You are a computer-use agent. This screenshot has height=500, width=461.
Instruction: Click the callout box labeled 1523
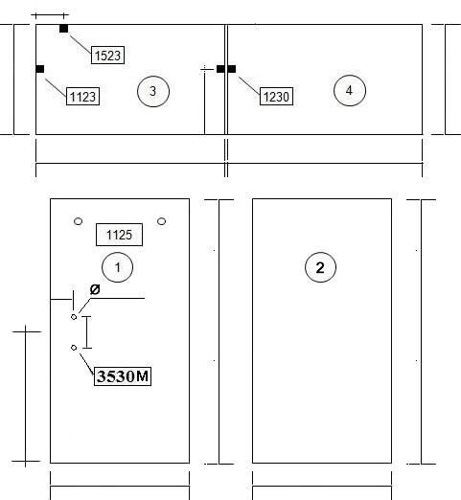coord(107,55)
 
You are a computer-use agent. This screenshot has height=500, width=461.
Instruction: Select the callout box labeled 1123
coord(82,96)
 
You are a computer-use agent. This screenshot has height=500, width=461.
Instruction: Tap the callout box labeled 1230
coord(276,96)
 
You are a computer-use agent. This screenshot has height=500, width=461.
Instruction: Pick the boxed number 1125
coord(119,235)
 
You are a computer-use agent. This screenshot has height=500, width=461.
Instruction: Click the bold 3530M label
coord(123,376)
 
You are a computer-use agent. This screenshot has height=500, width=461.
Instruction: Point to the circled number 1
coord(117,267)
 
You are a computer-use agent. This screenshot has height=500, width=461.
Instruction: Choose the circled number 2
coord(320,267)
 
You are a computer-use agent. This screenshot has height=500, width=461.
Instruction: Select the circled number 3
coord(153,91)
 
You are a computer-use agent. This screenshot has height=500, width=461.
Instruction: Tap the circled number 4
coord(350,90)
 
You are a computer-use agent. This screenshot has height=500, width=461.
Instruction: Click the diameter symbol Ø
coord(95,289)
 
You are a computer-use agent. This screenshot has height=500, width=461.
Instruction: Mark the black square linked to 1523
coord(63,29)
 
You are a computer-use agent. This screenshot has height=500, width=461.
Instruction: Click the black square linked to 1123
coord(40,69)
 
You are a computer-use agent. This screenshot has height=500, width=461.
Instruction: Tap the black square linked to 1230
coord(232,69)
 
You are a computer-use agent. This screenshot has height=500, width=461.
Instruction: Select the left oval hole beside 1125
coord(78,221)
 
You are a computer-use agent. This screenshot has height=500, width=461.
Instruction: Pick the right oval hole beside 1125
coord(162,221)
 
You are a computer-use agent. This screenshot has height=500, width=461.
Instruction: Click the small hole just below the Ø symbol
coord(74,317)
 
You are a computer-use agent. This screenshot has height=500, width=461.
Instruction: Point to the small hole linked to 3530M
coord(74,348)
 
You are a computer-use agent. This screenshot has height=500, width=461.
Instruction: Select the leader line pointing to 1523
coord(81,45)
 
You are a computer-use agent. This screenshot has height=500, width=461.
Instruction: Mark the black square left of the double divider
coord(220,69)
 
